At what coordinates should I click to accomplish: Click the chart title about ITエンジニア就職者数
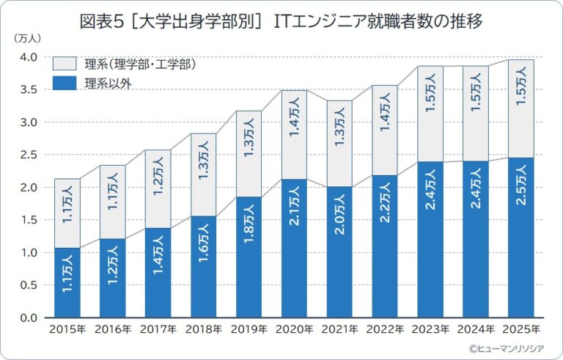pyautogui.click(x=281, y=21)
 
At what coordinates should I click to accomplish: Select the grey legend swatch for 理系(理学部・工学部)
pyautogui.click(x=67, y=65)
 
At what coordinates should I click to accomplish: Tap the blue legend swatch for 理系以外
pyautogui.click(x=67, y=82)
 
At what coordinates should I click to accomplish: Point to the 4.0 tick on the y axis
pyautogui.click(x=29, y=58)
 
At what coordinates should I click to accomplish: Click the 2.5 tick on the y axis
pyautogui.click(x=29, y=155)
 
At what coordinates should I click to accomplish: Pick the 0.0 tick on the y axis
pyautogui.click(x=29, y=318)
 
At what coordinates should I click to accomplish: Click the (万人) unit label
pyautogui.click(x=26, y=37)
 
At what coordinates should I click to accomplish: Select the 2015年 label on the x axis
pyautogui.click(x=67, y=329)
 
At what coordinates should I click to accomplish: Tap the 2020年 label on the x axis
pyautogui.click(x=294, y=329)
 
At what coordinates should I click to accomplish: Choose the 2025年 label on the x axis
pyautogui.click(x=520, y=329)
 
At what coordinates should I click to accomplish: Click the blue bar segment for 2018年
pyautogui.click(x=203, y=268)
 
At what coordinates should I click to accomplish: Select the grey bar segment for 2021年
pyautogui.click(x=339, y=143)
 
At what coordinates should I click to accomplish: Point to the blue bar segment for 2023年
pyautogui.click(x=430, y=240)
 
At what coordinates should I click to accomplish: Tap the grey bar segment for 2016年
pyautogui.click(x=112, y=202)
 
